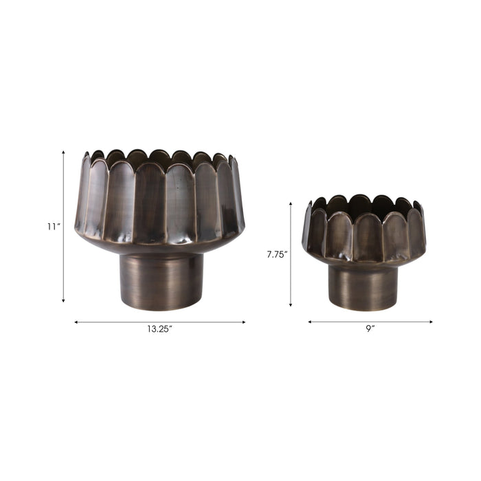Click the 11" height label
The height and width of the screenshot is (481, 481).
53,227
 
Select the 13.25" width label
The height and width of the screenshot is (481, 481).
159,329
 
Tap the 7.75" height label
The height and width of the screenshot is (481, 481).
277,254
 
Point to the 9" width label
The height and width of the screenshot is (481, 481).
370,329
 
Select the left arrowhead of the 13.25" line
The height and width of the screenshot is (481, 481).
76,322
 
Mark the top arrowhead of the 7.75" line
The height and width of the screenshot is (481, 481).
291,204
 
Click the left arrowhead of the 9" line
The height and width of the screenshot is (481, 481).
310,322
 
